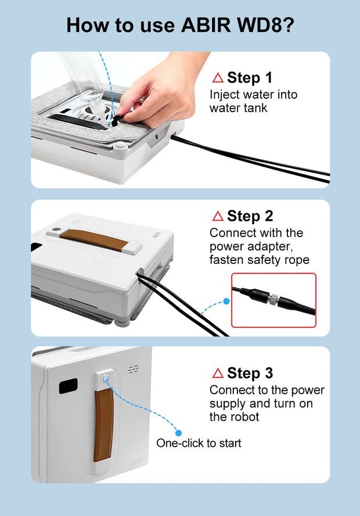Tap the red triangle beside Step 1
point(218,78)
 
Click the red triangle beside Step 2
point(218,216)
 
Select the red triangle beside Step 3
point(218,373)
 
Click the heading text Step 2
point(250,216)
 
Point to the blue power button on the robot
point(106,378)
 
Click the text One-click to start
point(199,443)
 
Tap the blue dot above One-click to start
point(178,433)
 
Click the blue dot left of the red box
point(226,301)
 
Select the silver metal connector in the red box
point(272,299)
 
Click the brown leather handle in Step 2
point(94,240)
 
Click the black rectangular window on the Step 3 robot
point(69,386)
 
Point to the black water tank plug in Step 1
point(116,121)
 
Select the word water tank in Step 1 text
point(239,108)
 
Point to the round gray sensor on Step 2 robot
point(56,230)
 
